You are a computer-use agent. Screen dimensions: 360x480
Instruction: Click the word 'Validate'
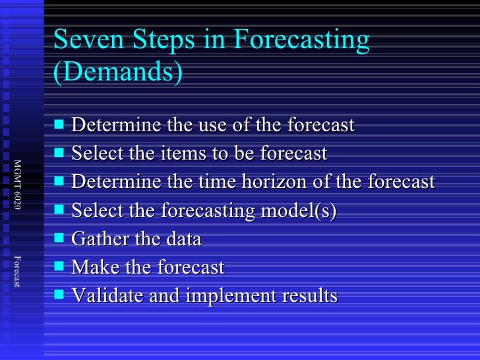(x=102, y=296)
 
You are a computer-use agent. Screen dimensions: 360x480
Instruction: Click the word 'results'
(x=309, y=296)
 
